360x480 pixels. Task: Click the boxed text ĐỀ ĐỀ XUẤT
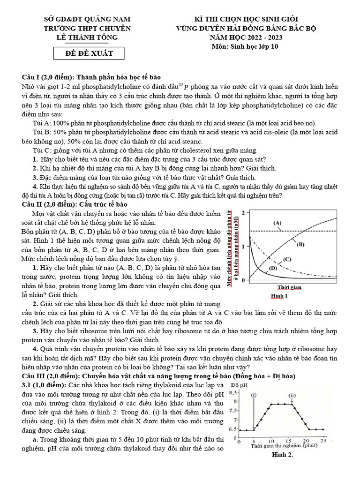89,53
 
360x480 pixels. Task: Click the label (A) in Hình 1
277,223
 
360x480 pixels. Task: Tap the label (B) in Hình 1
300,244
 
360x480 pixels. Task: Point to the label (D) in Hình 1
272,268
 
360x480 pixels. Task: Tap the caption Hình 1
279,296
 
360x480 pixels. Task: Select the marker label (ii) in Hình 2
292,396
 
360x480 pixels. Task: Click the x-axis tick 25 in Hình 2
323,441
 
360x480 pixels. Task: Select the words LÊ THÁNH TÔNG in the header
87,37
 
